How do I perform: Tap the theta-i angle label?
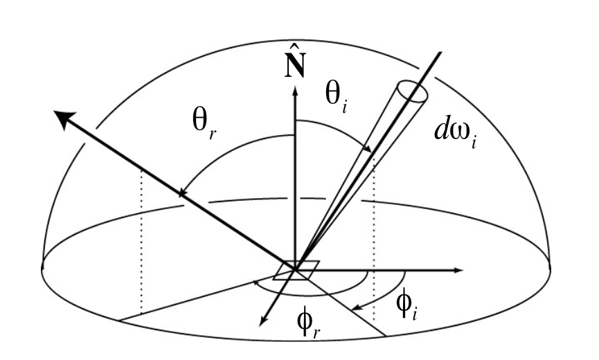[337, 98]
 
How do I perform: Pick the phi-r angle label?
[308, 322]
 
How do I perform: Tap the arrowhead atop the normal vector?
[295, 90]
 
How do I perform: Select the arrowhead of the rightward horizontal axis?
[458, 270]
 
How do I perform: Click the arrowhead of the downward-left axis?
[263, 322]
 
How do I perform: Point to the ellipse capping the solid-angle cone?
[412, 91]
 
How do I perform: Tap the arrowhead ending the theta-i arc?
[368, 149]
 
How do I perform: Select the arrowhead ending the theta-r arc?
[182, 193]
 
